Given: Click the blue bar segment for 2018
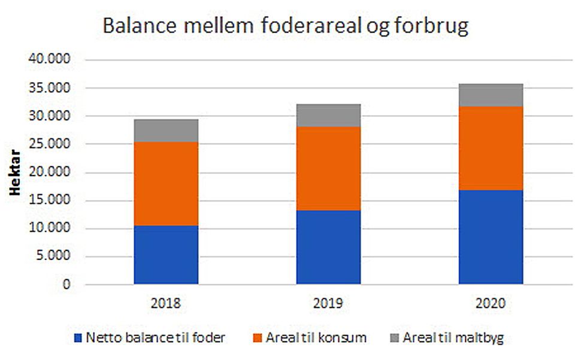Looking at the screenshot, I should (166, 255).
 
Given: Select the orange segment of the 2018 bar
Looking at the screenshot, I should (166, 184).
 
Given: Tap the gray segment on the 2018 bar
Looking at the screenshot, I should (166, 131).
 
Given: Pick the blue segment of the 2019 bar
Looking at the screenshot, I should (328, 247).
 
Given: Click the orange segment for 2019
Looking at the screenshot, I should (328, 168).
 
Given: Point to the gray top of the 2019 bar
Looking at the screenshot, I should (328, 115).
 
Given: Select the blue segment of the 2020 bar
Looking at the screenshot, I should (491, 237).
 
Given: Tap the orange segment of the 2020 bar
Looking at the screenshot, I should (491, 148).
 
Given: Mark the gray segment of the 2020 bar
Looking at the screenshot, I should (491, 95).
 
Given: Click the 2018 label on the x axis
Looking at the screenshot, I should (166, 304).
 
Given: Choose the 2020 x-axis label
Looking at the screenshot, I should (491, 304).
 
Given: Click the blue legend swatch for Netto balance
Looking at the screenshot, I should (78, 338).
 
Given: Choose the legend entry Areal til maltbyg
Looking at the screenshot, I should (453, 338).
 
